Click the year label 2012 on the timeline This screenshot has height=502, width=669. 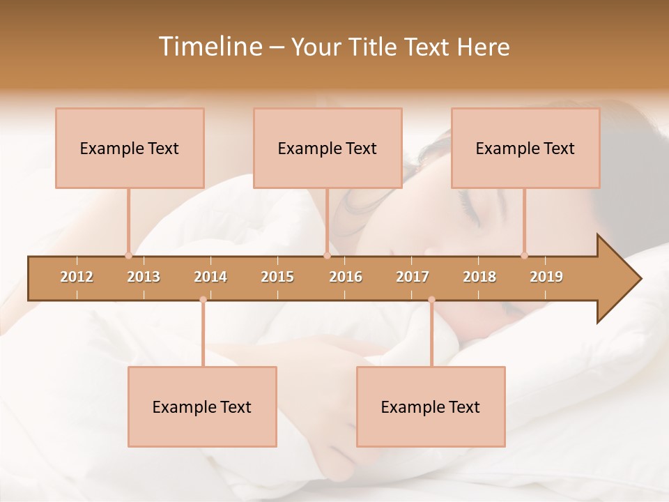[77, 277]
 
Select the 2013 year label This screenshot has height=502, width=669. [144, 277]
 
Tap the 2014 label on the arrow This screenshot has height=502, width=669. [210, 277]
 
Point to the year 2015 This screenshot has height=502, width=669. [277, 277]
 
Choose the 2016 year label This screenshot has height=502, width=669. [346, 277]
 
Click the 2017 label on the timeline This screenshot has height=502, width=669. [413, 277]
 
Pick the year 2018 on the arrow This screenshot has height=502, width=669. [479, 277]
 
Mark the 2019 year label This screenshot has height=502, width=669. [546, 277]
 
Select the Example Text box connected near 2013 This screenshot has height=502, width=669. [130, 148]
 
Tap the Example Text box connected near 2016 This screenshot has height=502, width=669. [328, 148]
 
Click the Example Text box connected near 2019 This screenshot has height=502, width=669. [525, 148]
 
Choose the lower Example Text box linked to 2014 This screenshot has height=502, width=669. [202, 406]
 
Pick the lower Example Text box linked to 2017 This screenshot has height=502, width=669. [431, 406]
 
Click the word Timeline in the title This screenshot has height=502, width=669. [209, 47]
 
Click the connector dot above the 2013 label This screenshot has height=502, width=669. [128, 255]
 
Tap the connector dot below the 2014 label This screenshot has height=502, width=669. [203, 300]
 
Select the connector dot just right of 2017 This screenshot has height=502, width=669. [431, 300]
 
